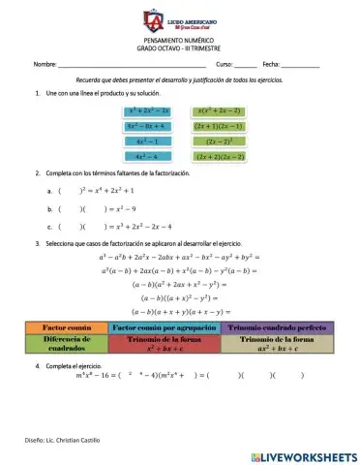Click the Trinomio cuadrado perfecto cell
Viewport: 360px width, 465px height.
coord(273,327)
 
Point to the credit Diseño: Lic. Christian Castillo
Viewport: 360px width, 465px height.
coord(64,441)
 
